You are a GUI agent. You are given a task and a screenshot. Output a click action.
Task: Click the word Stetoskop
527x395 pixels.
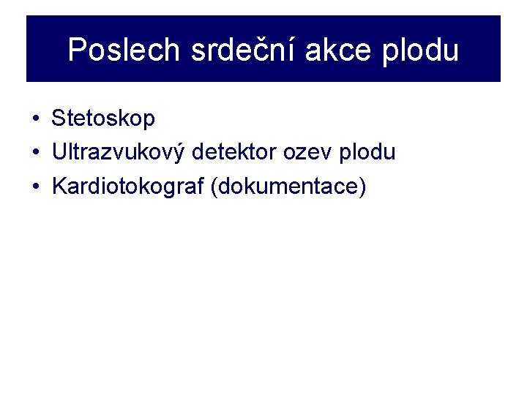coord(103,118)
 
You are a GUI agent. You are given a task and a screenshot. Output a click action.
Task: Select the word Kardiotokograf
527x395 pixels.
coord(128,187)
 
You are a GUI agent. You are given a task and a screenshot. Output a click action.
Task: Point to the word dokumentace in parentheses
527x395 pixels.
coord(286,187)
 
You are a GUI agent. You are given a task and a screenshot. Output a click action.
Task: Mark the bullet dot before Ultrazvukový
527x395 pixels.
coord(34,153)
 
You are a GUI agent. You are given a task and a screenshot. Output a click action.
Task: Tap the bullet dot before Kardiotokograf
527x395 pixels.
coord(34,187)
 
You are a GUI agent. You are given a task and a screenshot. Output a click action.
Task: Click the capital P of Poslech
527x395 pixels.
coord(77,50)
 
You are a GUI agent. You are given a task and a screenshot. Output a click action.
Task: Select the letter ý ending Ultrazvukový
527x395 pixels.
coord(185,153)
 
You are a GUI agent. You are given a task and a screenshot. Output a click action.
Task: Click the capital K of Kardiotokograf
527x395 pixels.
coord(59,187)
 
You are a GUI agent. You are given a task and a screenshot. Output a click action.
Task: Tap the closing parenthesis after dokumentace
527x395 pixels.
coord(362,187)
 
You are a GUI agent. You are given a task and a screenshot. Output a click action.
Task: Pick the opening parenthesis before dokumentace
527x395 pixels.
coord(213,187)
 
